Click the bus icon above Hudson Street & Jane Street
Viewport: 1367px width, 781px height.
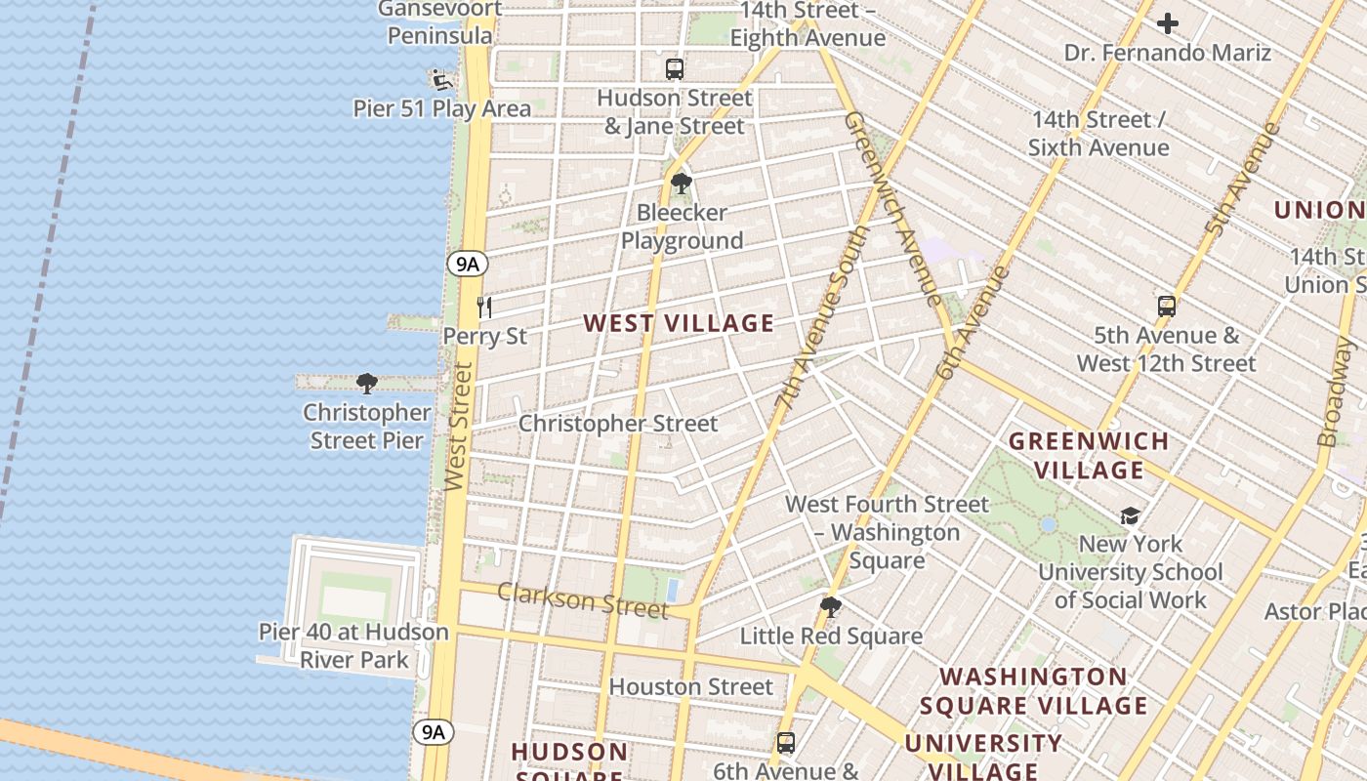[x=674, y=69]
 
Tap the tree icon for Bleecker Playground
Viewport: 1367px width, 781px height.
[x=682, y=184]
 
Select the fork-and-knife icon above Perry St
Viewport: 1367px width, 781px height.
[x=484, y=308]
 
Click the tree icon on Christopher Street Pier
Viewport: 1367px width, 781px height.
[x=367, y=384]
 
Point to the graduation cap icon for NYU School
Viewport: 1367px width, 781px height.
[x=1130, y=515]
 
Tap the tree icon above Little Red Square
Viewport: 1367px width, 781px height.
[x=830, y=607]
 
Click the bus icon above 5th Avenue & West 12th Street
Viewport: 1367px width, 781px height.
[x=1166, y=307]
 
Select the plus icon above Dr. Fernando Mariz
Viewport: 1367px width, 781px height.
[x=1168, y=23]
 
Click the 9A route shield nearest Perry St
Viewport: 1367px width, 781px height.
[x=468, y=264]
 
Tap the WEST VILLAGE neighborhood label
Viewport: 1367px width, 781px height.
[x=679, y=323]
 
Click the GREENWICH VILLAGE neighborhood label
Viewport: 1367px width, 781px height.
[x=1089, y=456]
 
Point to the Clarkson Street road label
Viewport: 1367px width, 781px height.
[x=582, y=599]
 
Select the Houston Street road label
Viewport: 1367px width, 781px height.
[x=690, y=686]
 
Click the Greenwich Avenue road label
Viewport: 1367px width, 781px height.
[x=892, y=207]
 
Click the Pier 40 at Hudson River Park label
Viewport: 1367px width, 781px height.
[x=353, y=646]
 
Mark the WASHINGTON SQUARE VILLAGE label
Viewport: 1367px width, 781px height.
[x=1033, y=691]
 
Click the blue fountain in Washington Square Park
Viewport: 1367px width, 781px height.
[x=1048, y=524]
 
